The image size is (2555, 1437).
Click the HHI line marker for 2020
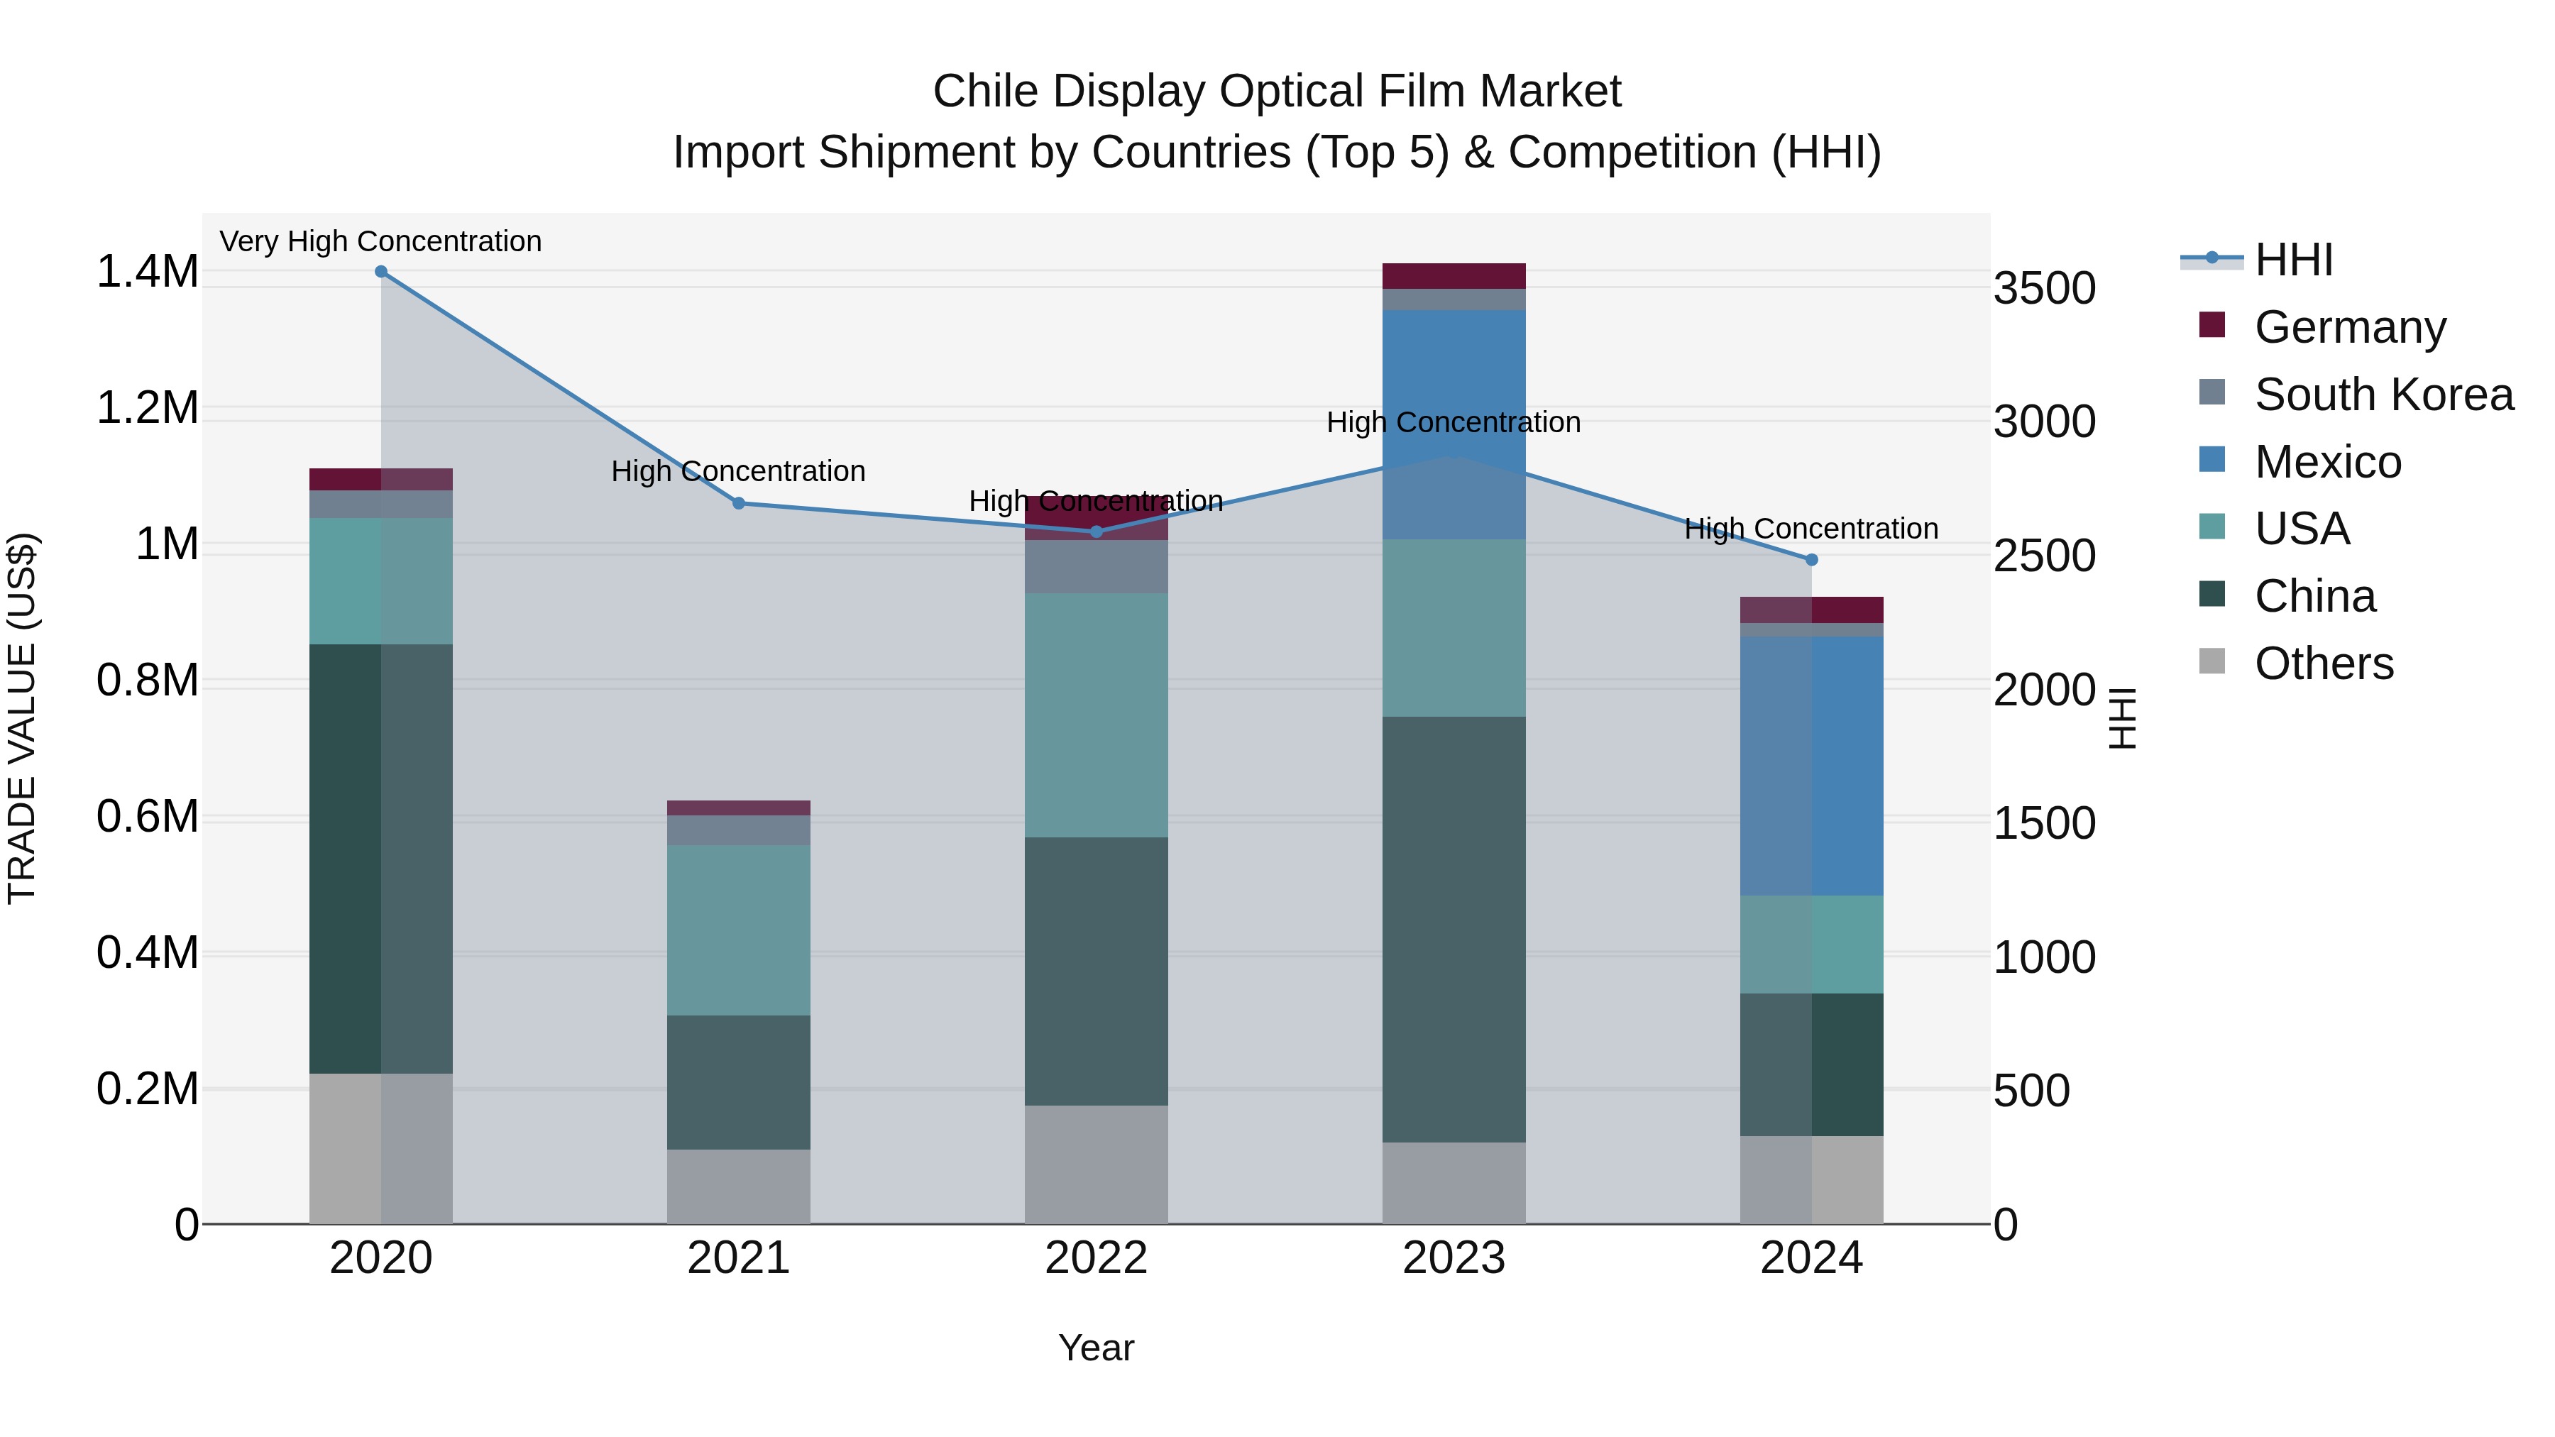pyautogui.click(x=381, y=272)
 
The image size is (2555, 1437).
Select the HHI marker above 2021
pyautogui.click(x=738, y=503)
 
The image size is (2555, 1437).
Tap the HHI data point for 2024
pyautogui.click(x=1811, y=559)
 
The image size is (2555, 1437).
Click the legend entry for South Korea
pyautogui.click(x=2383, y=394)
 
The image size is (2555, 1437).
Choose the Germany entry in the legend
pyautogui.click(x=2350, y=326)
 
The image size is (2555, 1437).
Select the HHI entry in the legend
pyautogui.click(x=2293, y=260)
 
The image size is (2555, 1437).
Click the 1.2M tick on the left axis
pyautogui.click(x=147, y=407)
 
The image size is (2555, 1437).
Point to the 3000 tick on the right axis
pyautogui.click(x=2043, y=422)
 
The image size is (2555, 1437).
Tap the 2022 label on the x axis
pyautogui.click(x=1096, y=1257)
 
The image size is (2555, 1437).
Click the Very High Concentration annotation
pyautogui.click(x=381, y=241)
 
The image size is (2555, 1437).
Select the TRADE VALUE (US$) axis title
pyautogui.click(x=22, y=718)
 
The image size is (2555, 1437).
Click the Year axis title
pyautogui.click(x=1096, y=1347)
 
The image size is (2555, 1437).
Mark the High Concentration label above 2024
pyautogui.click(x=1811, y=529)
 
